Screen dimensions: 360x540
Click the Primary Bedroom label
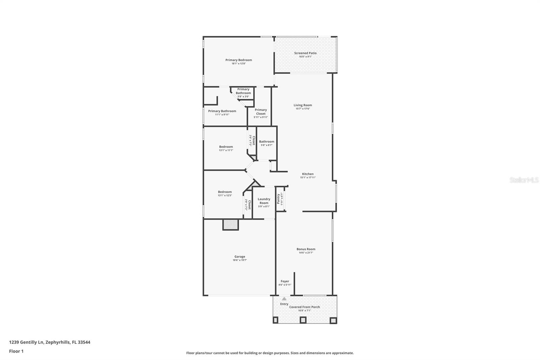click(239, 60)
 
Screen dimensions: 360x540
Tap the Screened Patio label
click(305, 53)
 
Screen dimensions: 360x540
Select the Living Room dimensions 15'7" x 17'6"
click(303, 109)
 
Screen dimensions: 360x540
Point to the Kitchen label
click(308, 174)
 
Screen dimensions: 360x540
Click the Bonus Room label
click(306, 249)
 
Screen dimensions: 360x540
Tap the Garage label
click(240, 257)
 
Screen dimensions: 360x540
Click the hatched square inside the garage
click(231, 225)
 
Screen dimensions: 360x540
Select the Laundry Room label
click(264, 201)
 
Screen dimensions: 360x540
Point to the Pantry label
click(278, 199)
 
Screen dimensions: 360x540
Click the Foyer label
click(285, 281)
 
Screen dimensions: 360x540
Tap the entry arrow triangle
click(284, 299)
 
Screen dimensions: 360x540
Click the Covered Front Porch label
click(304, 307)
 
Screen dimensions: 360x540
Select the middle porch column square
click(303, 320)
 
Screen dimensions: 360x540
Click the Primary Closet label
click(261, 112)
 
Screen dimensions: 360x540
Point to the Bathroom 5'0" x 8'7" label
click(267, 143)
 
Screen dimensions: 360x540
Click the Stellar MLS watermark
click(524, 180)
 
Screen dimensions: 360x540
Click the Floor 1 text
click(16, 351)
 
